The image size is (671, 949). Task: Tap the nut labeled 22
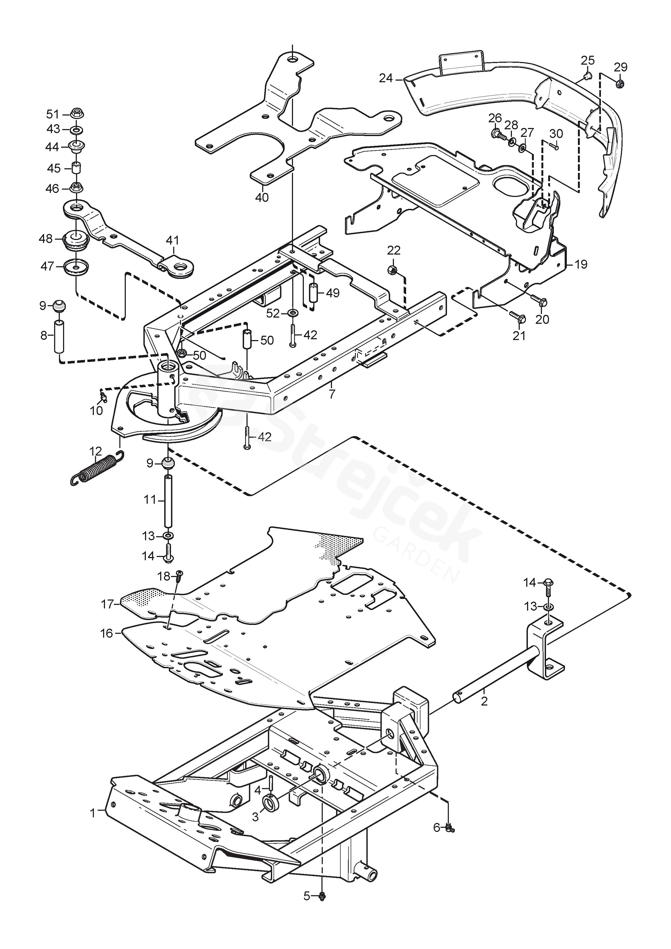pyautogui.click(x=393, y=270)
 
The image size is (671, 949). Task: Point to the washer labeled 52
pyautogui.click(x=293, y=314)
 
